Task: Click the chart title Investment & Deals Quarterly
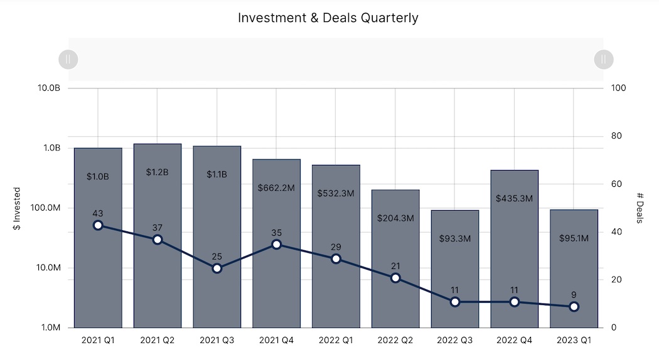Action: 328,18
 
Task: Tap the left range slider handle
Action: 68,60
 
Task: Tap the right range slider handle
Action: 603,60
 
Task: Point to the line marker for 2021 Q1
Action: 98,225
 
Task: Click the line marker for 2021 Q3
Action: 217,268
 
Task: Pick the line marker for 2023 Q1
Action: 574,307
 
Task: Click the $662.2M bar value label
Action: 276,187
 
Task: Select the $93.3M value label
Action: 455,238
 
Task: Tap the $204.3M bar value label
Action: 395,218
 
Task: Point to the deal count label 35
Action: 276,233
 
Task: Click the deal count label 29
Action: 336,247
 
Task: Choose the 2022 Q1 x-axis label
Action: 336,340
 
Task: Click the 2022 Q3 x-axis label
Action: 455,340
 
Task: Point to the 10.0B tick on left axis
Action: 48,88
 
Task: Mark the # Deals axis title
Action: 641,208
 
